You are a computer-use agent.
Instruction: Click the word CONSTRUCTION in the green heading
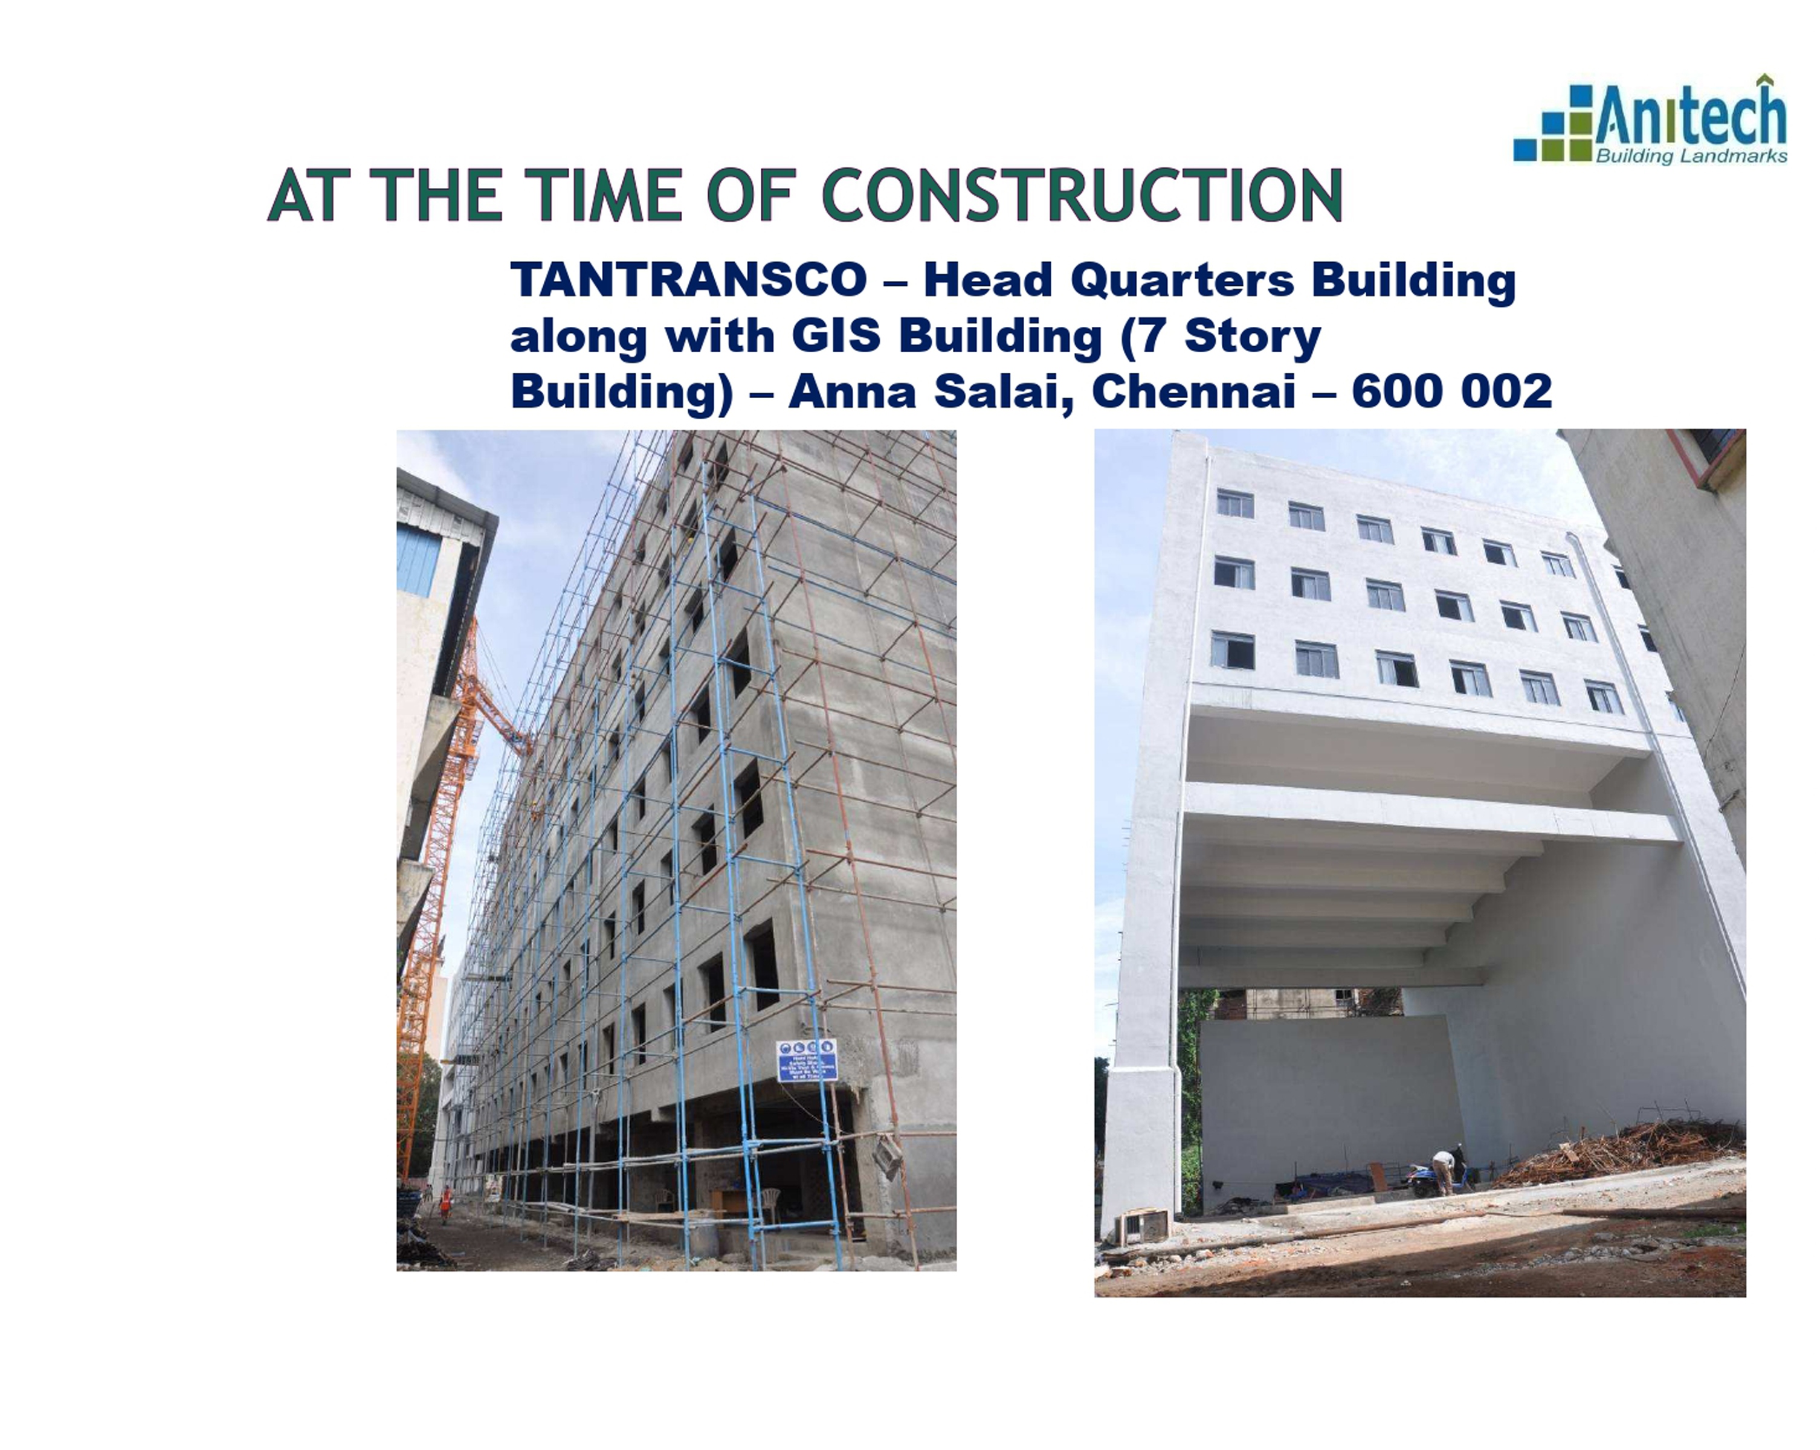click(1082, 196)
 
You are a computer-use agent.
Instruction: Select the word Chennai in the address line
click(1193, 391)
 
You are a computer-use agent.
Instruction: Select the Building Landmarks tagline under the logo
click(1691, 156)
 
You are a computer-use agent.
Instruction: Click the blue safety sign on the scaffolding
click(806, 1060)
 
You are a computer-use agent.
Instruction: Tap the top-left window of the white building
click(1234, 504)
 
